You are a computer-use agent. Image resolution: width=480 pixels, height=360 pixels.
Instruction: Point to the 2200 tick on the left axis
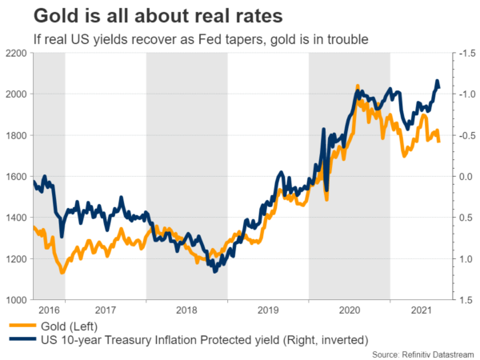pos(17,54)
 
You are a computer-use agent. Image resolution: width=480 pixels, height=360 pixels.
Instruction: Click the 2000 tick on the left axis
pos(17,94)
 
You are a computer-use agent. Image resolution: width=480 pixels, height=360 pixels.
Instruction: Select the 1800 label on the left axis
pos(17,136)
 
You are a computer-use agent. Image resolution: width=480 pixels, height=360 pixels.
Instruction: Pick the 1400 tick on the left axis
pos(17,218)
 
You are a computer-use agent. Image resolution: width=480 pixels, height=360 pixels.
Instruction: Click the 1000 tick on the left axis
pos(17,300)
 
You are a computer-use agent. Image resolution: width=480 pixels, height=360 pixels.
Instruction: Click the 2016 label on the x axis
pos(49,310)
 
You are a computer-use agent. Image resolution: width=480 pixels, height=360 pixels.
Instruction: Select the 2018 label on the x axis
pos(186,310)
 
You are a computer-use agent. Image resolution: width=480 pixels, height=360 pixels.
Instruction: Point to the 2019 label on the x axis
pos(268,310)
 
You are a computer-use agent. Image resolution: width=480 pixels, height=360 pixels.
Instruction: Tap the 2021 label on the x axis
pos(418,310)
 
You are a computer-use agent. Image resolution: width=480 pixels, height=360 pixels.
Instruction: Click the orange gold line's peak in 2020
pos(356,86)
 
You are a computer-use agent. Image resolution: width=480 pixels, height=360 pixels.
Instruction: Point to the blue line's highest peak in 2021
pos(438,81)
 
